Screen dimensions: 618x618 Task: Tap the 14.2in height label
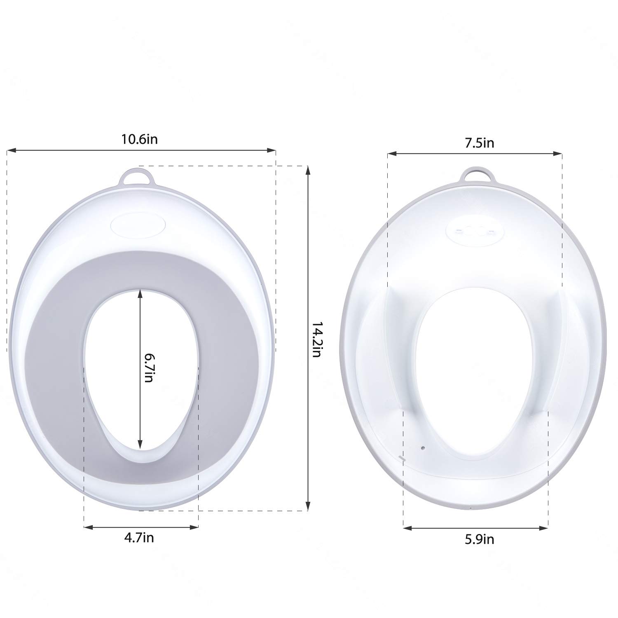click(x=316, y=339)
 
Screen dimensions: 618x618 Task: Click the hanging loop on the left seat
click(x=136, y=178)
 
